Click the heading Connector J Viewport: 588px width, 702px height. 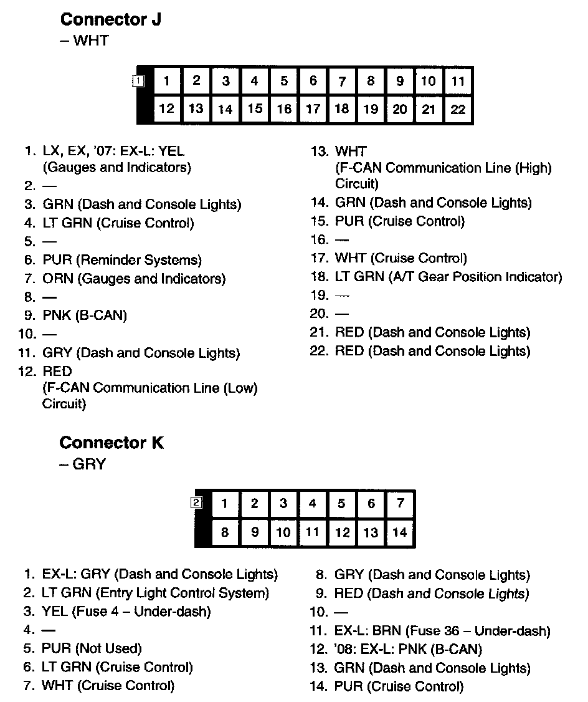[x=110, y=19]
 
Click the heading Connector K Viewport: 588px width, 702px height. [x=111, y=443]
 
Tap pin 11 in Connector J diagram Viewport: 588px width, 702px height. [x=458, y=81]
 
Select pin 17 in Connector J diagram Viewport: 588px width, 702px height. [x=313, y=108]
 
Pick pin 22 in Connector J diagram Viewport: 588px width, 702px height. [x=458, y=109]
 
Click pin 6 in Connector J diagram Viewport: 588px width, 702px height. [x=313, y=80]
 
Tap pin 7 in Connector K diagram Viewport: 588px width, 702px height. [x=400, y=504]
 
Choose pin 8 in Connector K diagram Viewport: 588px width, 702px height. [x=225, y=532]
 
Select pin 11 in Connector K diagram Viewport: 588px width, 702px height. [x=313, y=532]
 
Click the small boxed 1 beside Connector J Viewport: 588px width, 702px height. [x=138, y=80]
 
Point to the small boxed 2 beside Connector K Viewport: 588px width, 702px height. [x=197, y=502]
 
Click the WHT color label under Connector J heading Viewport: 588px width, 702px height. [x=91, y=41]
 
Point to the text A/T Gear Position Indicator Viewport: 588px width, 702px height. [x=473, y=277]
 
